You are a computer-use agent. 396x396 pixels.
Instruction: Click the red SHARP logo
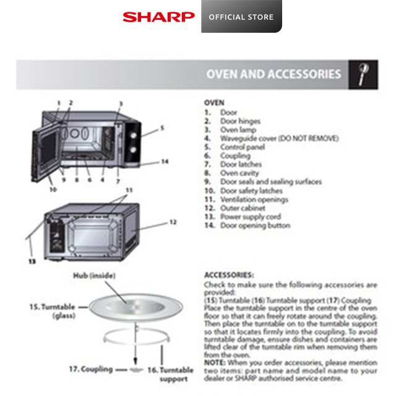tap(158, 17)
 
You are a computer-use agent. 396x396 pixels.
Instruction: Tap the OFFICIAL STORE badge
tap(241, 17)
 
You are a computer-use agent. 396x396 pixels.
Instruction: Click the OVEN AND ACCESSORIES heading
tap(273, 74)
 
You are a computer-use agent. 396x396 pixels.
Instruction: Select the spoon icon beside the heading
tap(363, 74)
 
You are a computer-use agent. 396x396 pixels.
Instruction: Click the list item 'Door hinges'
tap(240, 121)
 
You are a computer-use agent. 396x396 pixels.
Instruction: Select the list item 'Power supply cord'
tap(251, 217)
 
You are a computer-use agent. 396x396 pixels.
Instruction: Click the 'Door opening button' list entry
tap(254, 226)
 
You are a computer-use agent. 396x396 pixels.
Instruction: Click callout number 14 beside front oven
tap(165, 161)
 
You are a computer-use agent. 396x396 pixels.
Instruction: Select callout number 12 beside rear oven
tap(173, 222)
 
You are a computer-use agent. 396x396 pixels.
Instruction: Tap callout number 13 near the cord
tap(31, 261)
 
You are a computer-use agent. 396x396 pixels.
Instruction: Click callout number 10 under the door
tap(53, 189)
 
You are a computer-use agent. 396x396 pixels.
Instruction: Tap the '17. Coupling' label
tap(90, 369)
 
